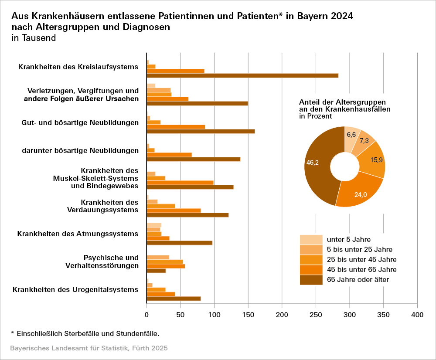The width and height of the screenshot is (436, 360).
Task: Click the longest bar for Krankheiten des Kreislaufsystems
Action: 242,75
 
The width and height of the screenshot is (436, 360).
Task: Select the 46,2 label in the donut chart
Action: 312,163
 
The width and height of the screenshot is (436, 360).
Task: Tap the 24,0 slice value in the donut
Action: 360,194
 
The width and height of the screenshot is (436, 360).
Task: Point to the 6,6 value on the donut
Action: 352,135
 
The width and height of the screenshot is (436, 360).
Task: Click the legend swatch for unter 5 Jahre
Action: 311,239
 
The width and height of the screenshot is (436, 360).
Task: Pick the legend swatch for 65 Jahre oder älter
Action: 311,279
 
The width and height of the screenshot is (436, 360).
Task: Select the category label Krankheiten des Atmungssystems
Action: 78,234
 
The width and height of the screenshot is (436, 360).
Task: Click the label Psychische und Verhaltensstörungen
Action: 111,262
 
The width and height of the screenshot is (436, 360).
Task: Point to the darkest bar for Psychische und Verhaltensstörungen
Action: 156,271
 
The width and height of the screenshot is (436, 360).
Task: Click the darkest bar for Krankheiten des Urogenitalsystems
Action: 174,299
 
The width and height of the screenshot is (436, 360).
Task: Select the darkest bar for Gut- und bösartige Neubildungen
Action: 201,131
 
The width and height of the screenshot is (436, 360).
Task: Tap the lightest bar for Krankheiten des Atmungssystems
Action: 154,225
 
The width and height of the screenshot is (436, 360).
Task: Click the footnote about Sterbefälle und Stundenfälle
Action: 85,333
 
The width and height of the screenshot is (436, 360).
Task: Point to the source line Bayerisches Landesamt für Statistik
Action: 89,349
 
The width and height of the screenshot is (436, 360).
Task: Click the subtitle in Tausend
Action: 34,38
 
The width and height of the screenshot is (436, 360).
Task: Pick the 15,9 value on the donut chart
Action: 377,160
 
